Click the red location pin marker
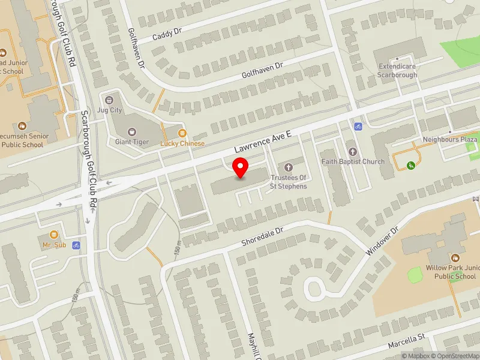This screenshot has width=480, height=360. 241,168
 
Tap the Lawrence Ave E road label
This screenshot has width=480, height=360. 262,142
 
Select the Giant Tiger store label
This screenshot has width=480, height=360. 131,142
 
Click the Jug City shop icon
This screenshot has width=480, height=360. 109,100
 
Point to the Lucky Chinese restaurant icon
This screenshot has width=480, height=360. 182,133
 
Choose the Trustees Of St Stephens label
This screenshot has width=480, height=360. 289,182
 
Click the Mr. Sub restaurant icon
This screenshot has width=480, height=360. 54,235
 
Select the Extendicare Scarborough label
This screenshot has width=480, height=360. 397,71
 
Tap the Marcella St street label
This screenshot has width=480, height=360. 406,340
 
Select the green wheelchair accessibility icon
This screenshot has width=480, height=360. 412,165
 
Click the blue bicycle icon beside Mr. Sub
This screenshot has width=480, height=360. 76,245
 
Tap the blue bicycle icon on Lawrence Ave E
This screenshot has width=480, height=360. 358,127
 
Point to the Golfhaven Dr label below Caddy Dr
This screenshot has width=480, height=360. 262,71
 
